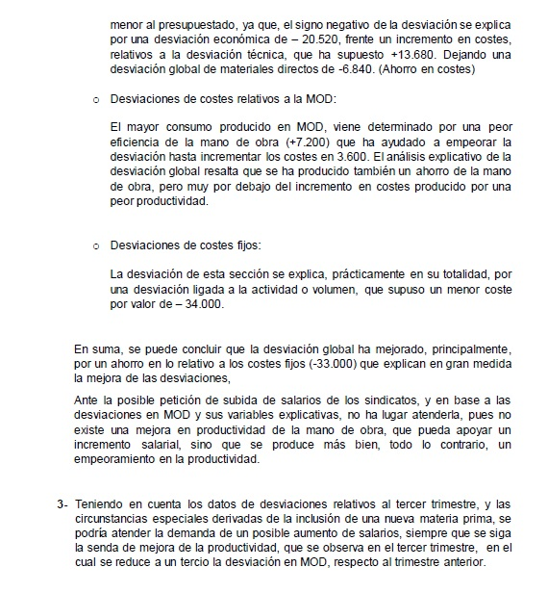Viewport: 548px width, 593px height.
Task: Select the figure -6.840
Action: point(350,70)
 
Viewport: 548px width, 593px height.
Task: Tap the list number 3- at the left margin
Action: point(62,503)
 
